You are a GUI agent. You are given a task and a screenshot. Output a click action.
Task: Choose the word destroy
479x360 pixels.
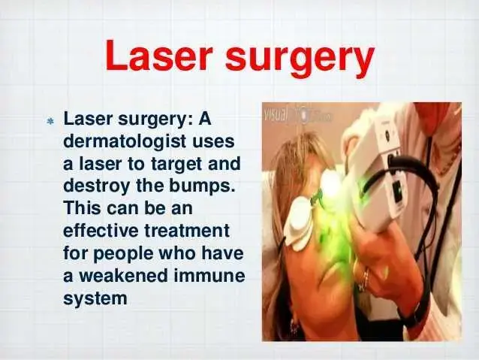point(96,186)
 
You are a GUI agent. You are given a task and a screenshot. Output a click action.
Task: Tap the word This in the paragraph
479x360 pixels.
point(82,208)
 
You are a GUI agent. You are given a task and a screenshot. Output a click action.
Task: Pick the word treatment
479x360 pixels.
point(187,231)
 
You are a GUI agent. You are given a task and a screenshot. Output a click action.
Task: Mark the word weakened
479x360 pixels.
point(124,275)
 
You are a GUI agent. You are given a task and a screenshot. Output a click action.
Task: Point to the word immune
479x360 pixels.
point(209,275)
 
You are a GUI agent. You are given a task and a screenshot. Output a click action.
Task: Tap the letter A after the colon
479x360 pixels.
point(205,119)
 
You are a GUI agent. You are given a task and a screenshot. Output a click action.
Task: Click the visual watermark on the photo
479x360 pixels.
point(276,114)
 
